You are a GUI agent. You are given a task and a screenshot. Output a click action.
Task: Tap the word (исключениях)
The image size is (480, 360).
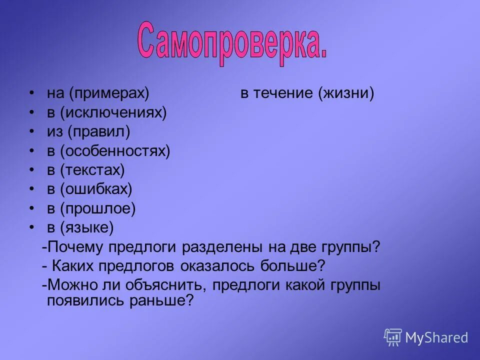(x=113, y=112)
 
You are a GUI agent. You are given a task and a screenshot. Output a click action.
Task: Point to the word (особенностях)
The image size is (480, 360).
(x=115, y=151)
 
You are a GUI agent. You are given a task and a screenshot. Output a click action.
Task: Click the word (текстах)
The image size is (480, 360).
(x=92, y=170)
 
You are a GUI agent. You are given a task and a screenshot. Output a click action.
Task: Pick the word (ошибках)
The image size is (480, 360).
(x=96, y=189)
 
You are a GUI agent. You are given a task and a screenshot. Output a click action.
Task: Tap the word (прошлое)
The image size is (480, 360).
(x=98, y=208)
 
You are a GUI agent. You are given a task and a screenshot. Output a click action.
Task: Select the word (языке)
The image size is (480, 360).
(x=87, y=228)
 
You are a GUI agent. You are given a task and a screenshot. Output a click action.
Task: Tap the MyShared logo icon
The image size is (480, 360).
(x=393, y=337)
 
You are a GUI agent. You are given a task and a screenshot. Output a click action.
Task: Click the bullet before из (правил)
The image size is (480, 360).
(x=31, y=131)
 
